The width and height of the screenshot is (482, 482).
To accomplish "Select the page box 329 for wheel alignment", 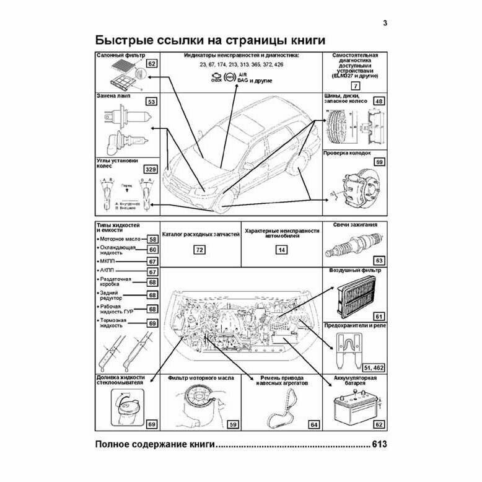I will tap(149, 169).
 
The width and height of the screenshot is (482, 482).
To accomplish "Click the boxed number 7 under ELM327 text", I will tap(354, 87).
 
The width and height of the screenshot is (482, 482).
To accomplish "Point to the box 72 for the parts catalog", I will tap(199, 251).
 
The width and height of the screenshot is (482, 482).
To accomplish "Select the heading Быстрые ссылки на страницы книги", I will tap(210, 41).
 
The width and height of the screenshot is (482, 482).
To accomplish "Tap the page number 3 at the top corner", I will tap(385, 24).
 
